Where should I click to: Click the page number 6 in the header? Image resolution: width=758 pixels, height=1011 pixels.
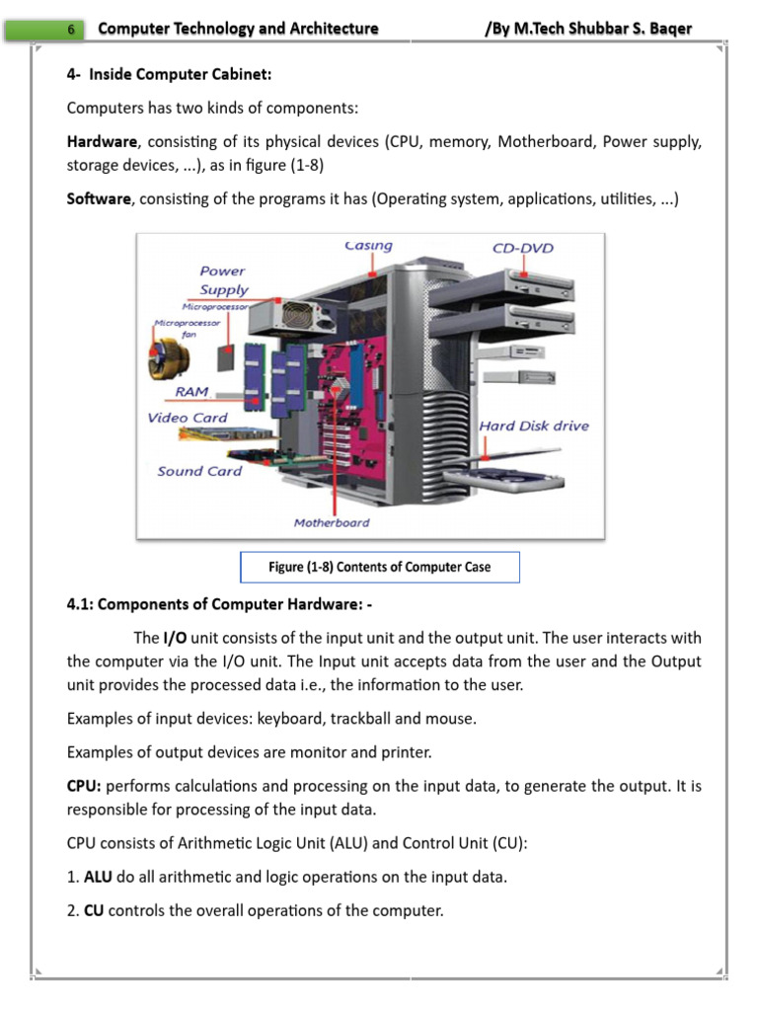[71, 30]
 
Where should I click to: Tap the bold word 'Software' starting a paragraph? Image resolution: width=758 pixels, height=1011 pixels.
[99, 198]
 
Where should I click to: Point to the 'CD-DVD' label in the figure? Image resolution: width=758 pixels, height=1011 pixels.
[523, 248]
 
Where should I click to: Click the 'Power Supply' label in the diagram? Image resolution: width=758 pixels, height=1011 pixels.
[223, 280]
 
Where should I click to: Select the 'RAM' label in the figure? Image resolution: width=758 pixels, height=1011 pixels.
[191, 392]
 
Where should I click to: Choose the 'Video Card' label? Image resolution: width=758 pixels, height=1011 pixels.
[188, 418]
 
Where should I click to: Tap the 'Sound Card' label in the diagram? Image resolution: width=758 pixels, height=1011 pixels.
[199, 471]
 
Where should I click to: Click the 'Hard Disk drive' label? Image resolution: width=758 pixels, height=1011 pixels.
[533, 426]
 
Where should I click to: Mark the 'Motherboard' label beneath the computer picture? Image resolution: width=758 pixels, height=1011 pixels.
[332, 522]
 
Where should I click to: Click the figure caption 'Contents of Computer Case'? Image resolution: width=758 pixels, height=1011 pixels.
[379, 567]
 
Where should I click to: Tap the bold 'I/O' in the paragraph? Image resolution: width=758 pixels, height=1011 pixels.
[175, 638]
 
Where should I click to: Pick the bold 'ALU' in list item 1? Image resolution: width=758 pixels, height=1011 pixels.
[98, 877]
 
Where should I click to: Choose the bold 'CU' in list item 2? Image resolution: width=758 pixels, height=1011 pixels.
[94, 910]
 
